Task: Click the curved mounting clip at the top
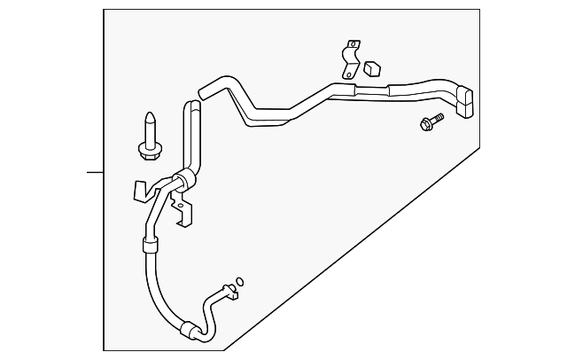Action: (352, 59)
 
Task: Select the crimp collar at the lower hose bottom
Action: (188, 330)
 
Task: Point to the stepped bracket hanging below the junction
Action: (183, 213)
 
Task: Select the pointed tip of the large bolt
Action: (149, 114)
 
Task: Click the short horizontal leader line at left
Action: (96, 170)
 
